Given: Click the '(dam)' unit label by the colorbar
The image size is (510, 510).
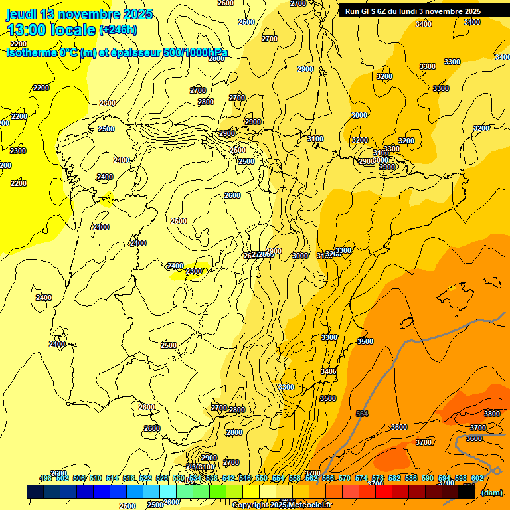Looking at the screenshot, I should (491, 492).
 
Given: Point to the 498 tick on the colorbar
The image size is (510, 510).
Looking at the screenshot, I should (46, 478).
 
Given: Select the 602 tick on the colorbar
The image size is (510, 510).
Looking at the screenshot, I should (477, 478).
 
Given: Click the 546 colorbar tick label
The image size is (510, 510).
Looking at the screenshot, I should (245, 478).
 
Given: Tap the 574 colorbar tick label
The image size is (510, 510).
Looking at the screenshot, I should (361, 478).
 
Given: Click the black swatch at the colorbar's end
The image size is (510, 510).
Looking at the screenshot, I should (467, 491).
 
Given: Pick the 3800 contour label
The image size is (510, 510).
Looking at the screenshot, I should (492, 414).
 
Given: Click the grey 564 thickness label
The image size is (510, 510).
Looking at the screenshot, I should (362, 414).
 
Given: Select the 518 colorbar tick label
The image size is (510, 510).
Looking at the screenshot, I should (129, 478).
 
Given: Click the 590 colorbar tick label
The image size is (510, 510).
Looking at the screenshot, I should (428, 478).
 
